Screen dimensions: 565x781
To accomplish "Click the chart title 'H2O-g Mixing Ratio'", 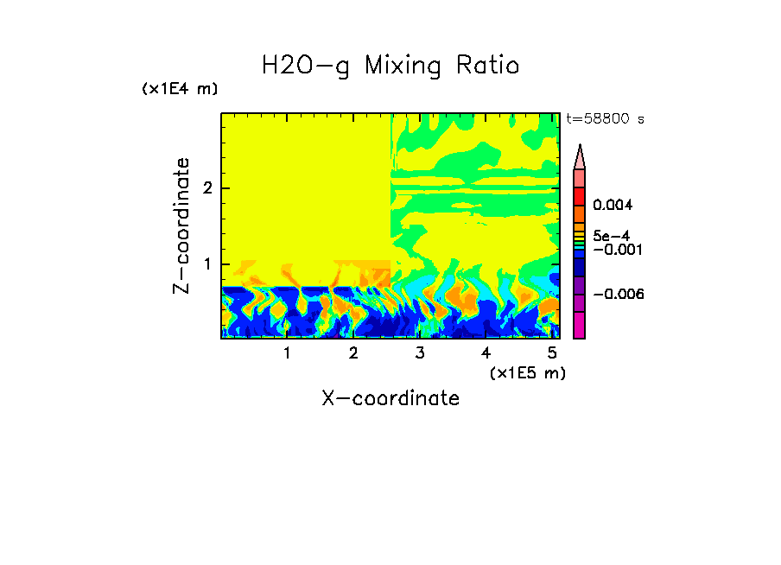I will [390, 66].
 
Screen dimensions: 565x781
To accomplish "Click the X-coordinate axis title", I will [390, 398].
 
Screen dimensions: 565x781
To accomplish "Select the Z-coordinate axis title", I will [181, 225].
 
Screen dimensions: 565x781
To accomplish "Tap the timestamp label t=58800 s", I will [605, 119].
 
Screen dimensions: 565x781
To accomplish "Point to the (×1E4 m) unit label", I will [180, 89].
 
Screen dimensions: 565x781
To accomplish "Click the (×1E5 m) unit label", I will [528, 372].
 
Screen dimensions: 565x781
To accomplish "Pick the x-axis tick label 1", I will [287, 352].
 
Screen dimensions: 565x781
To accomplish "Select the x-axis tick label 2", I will [353, 352].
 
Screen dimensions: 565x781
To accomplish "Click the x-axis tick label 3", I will [420, 352].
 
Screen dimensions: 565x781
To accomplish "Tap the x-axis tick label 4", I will [486, 352].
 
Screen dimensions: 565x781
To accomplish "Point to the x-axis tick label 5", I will [551, 352].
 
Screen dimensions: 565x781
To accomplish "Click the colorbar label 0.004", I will [613, 206].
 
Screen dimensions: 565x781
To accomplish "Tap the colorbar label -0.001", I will [616, 250].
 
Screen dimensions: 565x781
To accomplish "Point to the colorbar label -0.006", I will [619, 295].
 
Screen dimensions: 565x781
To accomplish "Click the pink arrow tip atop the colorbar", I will [580, 156].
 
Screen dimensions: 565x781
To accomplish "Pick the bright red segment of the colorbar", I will [580, 195].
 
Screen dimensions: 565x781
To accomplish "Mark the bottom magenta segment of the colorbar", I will [580, 326].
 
